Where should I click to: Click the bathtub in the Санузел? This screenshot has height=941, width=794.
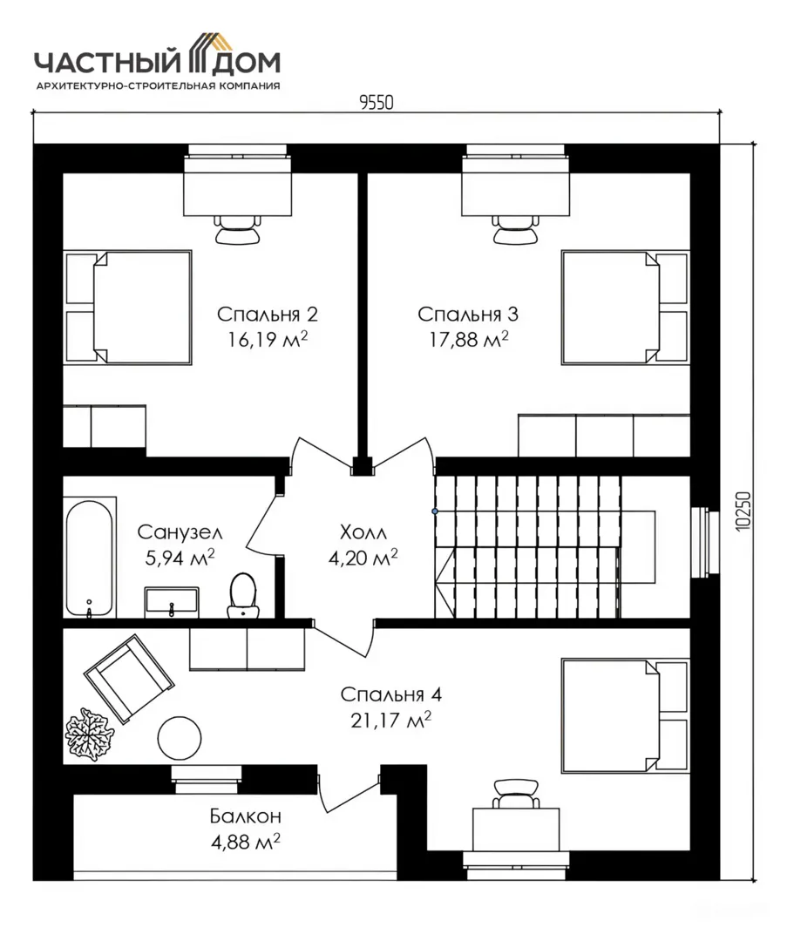(89, 559)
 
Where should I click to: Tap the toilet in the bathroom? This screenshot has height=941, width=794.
(243, 595)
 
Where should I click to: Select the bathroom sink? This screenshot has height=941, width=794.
(172, 602)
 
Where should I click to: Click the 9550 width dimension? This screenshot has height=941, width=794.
(377, 103)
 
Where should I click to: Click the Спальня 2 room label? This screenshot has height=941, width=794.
(267, 314)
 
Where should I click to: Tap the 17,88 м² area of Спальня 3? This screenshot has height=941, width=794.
(469, 340)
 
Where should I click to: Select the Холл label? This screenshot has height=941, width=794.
(363, 531)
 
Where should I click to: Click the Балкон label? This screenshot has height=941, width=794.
(246, 816)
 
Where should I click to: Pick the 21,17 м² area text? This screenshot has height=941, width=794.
(390, 720)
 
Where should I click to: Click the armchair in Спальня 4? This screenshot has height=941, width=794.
(129, 678)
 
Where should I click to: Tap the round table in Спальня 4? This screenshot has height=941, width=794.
(180, 738)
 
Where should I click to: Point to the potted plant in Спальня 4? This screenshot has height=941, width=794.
(90, 734)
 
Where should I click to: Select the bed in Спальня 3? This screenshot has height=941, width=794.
(626, 308)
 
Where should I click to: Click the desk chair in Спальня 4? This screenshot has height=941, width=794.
(515, 794)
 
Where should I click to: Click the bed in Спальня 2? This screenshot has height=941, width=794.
(128, 308)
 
